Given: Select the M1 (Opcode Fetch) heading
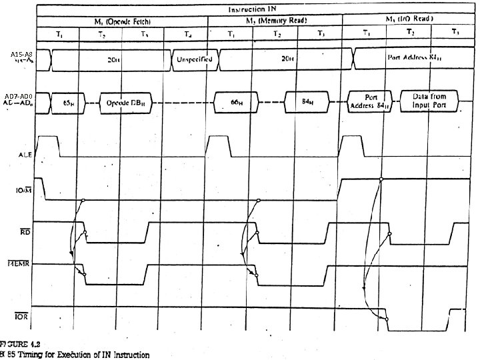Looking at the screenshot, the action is pyautogui.click(x=124, y=21).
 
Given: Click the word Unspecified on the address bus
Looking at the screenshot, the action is pyautogui.click(x=193, y=59).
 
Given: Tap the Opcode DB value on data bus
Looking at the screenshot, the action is pyautogui.click(x=126, y=104).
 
